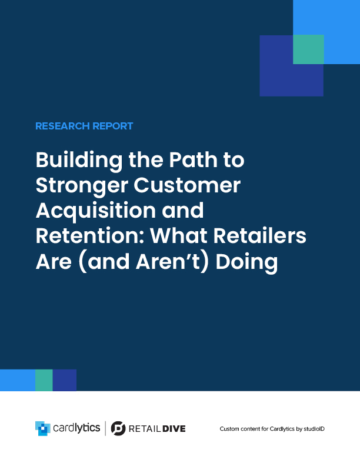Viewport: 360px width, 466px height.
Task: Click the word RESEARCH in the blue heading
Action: (x=62, y=126)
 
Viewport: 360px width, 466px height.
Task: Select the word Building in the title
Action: (x=79, y=161)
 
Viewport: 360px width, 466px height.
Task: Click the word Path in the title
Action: (x=194, y=159)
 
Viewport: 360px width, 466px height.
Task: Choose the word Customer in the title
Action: (x=187, y=185)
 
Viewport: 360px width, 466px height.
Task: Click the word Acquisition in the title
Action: (x=96, y=211)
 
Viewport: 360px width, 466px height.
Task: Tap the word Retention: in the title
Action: (x=90, y=236)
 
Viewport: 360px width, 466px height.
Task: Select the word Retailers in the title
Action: (x=260, y=236)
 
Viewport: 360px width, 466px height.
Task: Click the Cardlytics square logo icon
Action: (x=43, y=428)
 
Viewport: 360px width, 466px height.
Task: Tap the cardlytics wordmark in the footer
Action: (x=76, y=428)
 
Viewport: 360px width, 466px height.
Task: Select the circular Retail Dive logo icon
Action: (x=118, y=428)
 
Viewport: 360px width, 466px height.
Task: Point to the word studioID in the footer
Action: (x=314, y=429)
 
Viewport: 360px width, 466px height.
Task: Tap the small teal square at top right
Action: (x=308, y=49)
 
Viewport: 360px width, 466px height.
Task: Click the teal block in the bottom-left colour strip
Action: (x=44, y=380)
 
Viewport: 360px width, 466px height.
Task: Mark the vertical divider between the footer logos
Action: (x=105, y=428)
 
